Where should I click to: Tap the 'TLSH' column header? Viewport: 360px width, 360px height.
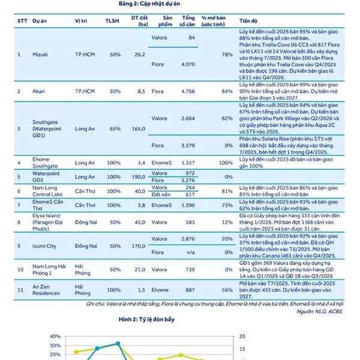click(112, 20)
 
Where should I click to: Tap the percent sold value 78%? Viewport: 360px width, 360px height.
click(227, 55)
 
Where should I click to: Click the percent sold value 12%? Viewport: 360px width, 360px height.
click(227, 222)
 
